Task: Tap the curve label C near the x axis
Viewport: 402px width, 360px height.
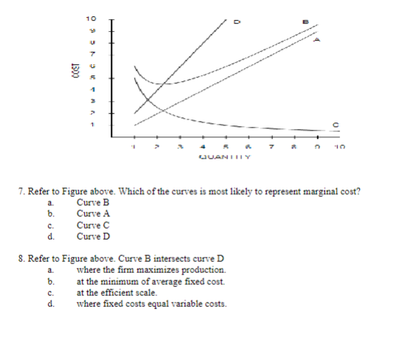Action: pyautogui.click(x=336, y=124)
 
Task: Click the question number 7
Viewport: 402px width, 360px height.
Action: pyautogui.click(x=20, y=192)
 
